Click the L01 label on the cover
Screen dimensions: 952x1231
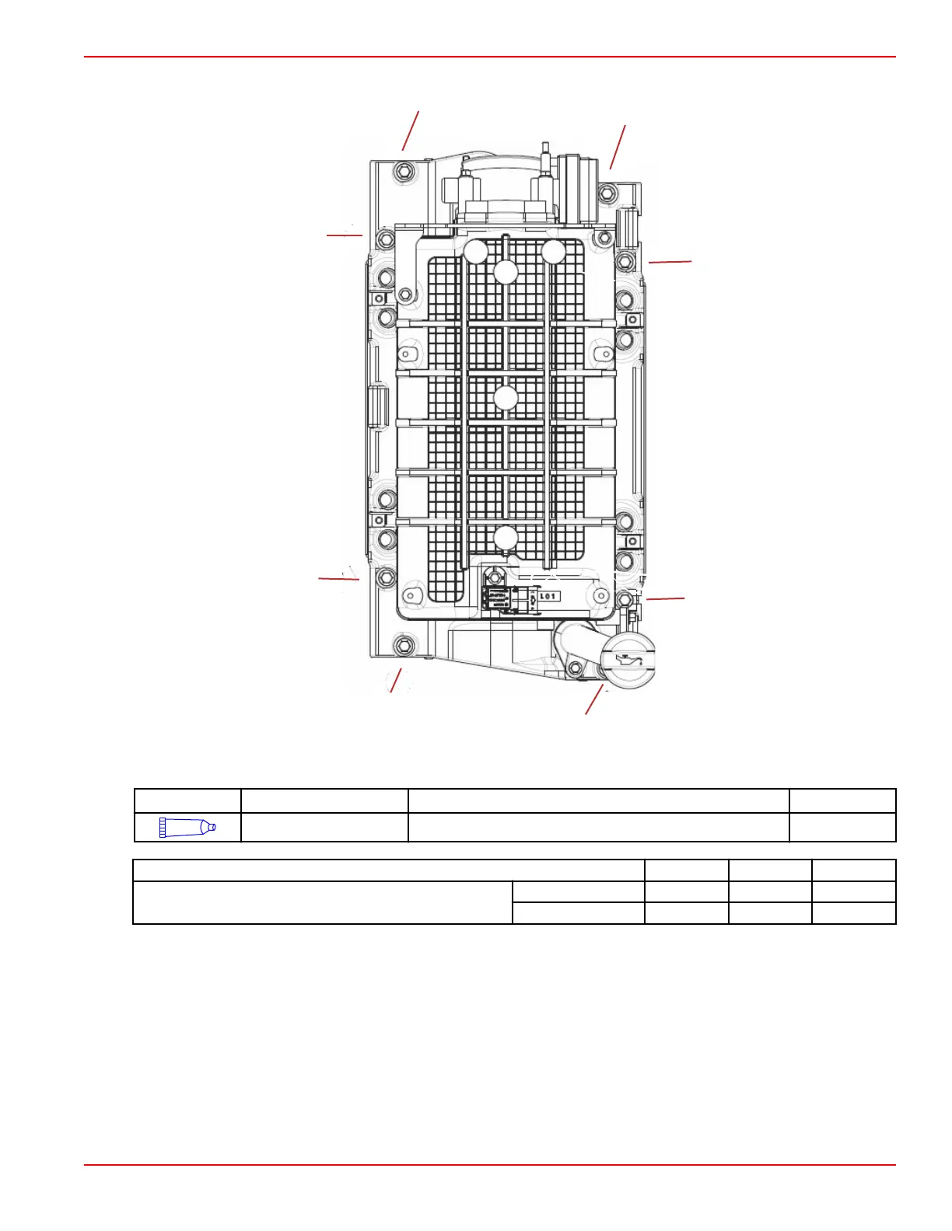click(548, 596)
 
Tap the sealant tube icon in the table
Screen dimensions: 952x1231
click(187, 827)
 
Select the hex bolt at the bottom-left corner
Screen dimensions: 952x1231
click(403, 644)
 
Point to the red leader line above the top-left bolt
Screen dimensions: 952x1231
click(411, 131)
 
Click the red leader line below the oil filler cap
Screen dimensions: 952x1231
click(594, 701)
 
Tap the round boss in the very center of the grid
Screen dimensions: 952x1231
click(506, 398)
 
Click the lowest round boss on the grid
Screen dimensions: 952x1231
click(506, 536)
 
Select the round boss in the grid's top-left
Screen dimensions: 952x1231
click(475, 251)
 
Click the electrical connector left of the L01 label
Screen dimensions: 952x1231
click(498, 600)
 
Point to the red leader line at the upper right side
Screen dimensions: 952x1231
click(670, 263)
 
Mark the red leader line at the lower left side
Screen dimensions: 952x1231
click(339, 578)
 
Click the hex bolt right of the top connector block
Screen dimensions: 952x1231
click(607, 193)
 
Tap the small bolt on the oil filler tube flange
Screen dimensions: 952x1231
click(575, 668)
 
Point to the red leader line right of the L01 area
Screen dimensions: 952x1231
click(665, 598)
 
